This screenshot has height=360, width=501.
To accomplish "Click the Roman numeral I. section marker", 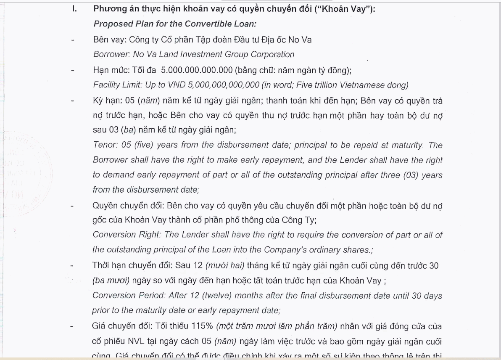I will (x=74, y=9).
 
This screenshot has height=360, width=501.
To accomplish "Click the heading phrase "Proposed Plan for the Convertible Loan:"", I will (x=175, y=24).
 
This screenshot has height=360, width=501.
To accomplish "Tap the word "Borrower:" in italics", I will (x=112, y=54).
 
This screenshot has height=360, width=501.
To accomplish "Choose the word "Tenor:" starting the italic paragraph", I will (x=105, y=145).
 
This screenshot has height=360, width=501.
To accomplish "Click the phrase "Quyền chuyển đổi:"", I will (x=128, y=206).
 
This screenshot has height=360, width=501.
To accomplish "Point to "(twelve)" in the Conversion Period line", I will (x=217, y=296).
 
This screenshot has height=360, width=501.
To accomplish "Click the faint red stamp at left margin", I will (x=21, y=168).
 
